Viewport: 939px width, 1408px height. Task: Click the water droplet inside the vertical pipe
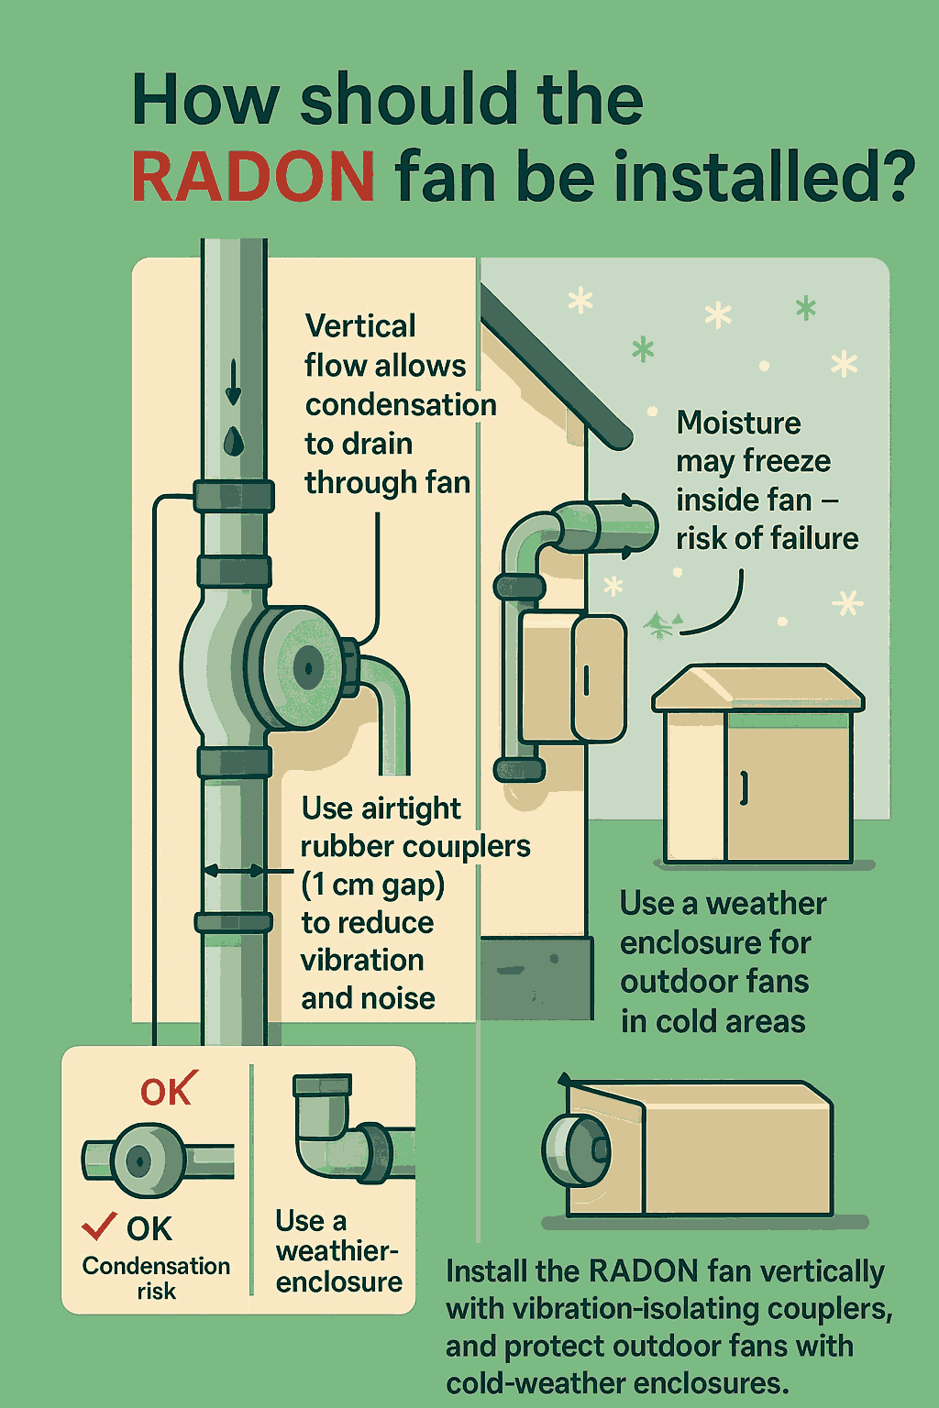(x=234, y=441)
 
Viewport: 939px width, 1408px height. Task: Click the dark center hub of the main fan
(x=307, y=666)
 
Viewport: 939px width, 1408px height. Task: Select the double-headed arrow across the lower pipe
(x=234, y=871)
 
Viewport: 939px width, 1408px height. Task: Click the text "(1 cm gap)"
(x=372, y=885)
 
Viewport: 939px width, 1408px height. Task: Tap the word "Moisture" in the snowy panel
(x=738, y=423)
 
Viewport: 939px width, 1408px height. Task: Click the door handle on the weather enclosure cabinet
(x=745, y=787)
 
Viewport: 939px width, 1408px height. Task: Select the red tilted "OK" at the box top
(x=168, y=1091)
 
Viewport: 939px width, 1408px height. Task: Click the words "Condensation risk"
(x=156, y=1278)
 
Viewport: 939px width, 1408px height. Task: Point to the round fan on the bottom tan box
(x=574, y=1149)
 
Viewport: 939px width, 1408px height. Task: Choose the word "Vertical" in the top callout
(x=360, y=326)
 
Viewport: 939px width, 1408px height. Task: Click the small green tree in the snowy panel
(x=658, y=625)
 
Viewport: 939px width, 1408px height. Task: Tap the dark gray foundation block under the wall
(x=536, y=977)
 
